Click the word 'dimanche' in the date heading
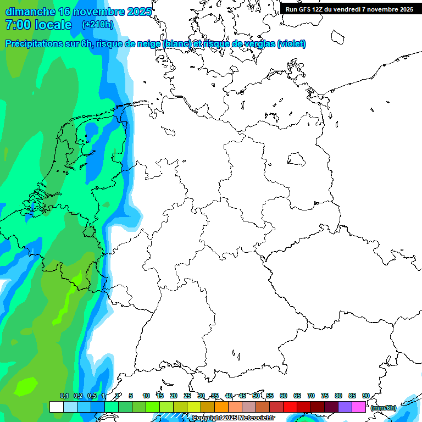point(30,12)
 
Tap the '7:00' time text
point(18,25)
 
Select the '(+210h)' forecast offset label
point(97,25)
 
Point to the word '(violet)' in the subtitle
point(291,44)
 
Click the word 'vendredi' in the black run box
point(356,9)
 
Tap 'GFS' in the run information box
point(305,9)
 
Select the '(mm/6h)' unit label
point(383,408)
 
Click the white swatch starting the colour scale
point(56,407)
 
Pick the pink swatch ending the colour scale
point(359,407)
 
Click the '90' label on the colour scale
point(366,396)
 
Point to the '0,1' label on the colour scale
point(64,396)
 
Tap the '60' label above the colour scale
point(284,396)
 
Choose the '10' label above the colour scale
point(146,396)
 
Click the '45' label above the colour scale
point(242,396)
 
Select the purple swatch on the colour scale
point(345,407)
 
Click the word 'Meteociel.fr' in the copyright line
point(257,418)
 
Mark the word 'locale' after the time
point(53,25)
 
